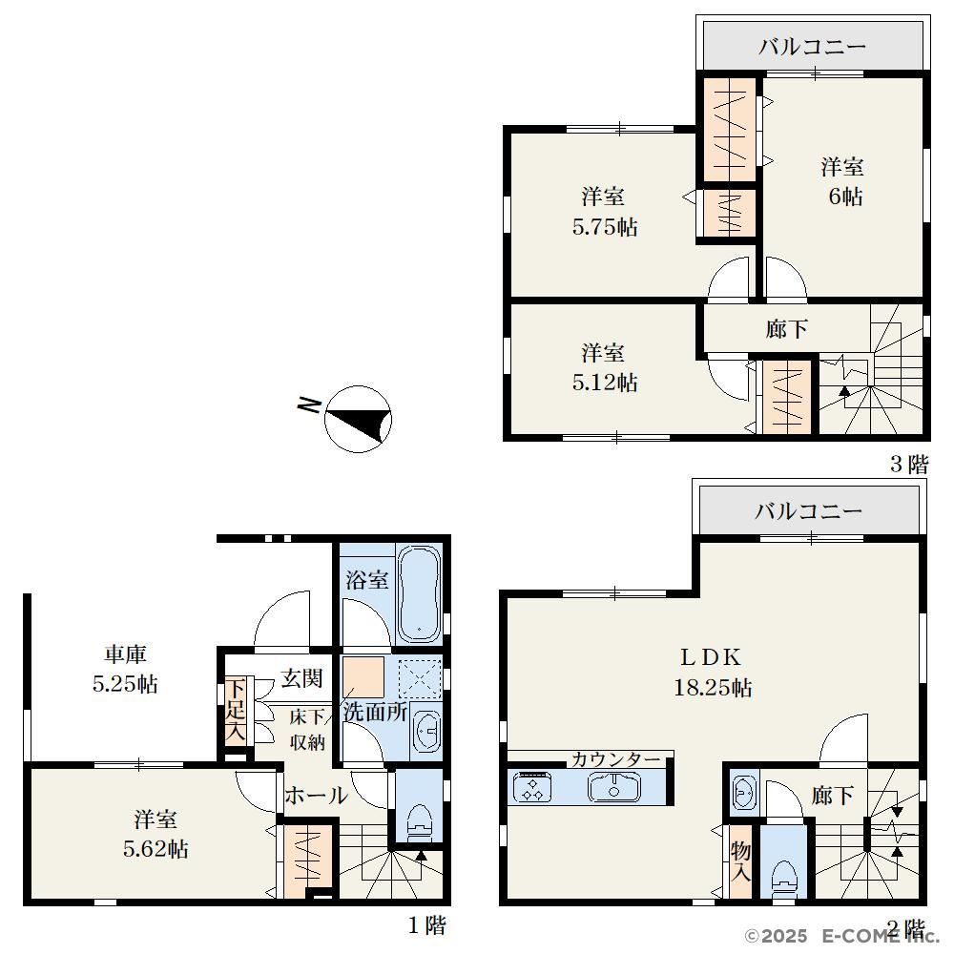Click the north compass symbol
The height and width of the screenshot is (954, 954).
pos(358,419)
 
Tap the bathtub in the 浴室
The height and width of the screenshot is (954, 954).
pos(419,593)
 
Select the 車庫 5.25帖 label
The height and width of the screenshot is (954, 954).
pos(125,670)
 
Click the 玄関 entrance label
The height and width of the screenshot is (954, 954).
pos(301,677)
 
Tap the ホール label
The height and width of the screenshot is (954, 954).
pos(317,796)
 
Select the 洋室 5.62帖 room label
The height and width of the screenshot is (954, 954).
pos(156,834)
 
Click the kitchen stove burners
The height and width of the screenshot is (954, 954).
pos(532,787)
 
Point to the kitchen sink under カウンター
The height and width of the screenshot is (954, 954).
pos(614,787)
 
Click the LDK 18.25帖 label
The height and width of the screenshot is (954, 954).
pos(713,673)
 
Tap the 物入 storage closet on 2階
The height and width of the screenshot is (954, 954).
pos(740,861)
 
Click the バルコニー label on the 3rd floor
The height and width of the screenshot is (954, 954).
pos(812,46)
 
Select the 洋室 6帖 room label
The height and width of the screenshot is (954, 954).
pos(843,181)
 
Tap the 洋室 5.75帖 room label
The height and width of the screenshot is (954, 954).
pos(604,212)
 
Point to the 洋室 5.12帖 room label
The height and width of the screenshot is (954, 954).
pos(604,367)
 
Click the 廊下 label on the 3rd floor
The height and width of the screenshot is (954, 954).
pos(787,329)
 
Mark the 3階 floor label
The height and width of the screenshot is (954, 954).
pos(909,465)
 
